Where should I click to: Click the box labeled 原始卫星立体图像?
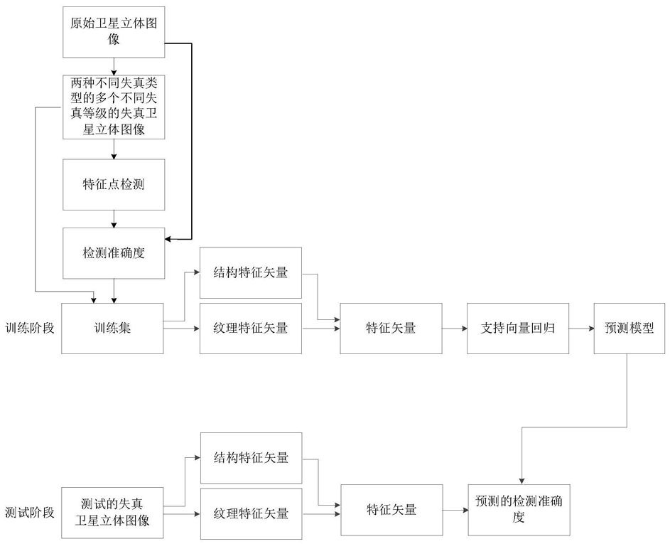coord(114,32)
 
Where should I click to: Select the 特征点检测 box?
coord(114,185)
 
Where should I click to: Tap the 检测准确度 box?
coord(114,253)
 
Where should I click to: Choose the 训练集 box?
coord(112,329)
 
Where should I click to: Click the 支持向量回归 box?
coord(518,329)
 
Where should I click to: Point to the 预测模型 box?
coord(630,329)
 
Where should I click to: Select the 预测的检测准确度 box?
coord(519,510)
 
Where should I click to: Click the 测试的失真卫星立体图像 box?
coord(112,513)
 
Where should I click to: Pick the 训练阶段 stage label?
coord(30,329)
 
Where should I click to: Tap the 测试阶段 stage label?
coord(30,512)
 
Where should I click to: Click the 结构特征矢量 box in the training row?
coord(251,273)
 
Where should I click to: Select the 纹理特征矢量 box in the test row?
coord(252,513)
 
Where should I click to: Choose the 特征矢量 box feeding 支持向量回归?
coord(391,329)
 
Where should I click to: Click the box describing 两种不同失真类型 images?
coord(114,107)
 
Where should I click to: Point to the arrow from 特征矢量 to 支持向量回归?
coord(455,329)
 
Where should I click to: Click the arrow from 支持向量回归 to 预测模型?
coord(582,329)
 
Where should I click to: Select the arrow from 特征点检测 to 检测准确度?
coord(114,219)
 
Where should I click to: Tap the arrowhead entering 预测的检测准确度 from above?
coord(522,481)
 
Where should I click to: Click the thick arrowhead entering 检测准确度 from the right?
coord(168,239)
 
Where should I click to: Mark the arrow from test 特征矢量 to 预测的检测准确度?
coord(455,510)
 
